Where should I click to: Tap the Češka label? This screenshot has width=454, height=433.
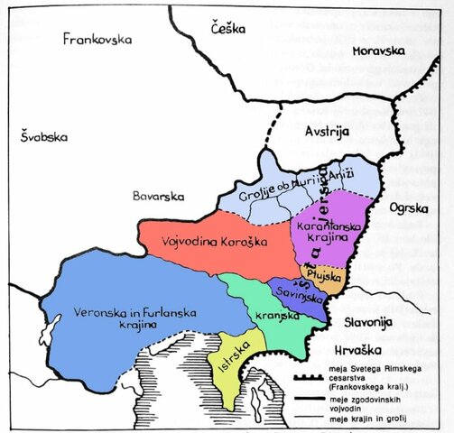click(228, 29)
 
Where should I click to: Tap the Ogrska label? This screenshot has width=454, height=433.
click(409, 208)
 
